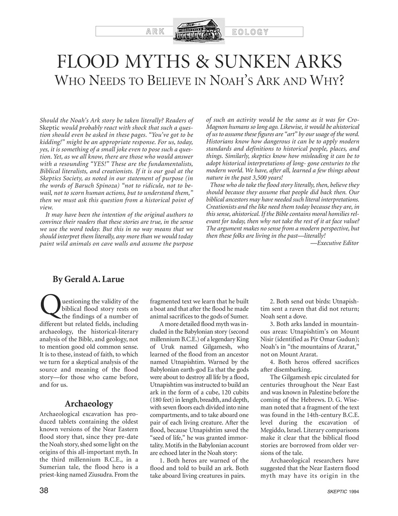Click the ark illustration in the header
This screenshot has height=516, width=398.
(x=199, y=31)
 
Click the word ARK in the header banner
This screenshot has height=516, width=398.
(x=154, y=32)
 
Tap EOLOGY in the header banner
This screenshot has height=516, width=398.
(x=250, y=32)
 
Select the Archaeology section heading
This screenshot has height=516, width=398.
(x=89, y=404)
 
